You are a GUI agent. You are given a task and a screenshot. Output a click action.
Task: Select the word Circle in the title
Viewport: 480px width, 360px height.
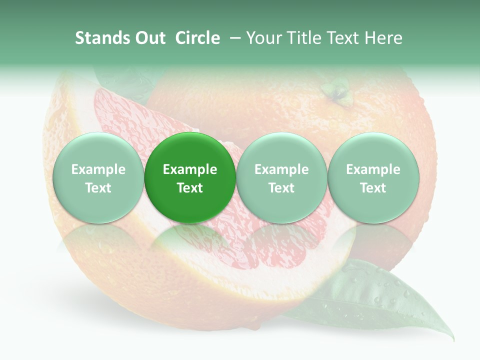(197, 38)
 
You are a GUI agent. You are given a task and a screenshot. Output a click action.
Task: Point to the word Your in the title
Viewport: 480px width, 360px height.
(264, 38)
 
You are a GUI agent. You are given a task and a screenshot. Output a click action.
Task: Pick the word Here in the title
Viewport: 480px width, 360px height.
(383, 38)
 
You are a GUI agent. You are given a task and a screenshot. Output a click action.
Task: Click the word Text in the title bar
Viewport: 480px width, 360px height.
(345, 38)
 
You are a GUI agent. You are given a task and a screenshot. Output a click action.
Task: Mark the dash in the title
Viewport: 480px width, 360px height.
(234, 38)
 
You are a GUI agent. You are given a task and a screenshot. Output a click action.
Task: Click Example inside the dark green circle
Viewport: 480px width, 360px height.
(189, 169)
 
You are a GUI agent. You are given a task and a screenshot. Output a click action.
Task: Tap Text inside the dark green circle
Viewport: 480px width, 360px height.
(189, 188)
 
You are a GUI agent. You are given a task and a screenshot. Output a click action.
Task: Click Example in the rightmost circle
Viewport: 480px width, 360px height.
(373, 169)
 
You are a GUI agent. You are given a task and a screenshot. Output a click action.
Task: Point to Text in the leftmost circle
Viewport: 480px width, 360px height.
(98, 188)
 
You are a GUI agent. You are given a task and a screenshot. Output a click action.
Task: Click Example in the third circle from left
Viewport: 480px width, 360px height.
(281, 169)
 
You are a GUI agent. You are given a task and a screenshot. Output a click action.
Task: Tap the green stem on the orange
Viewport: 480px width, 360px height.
(336, 93)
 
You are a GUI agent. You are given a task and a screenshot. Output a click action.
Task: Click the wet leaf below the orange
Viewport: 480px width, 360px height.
(380, 300)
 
